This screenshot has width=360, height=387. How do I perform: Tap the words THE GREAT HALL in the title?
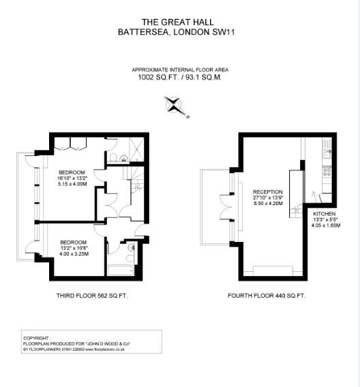click(179, 22)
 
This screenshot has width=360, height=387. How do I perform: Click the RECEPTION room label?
click(267, 192)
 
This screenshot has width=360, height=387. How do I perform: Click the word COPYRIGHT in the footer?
click(37, 337)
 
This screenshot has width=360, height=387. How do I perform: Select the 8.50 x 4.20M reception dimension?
click(267, 203)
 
